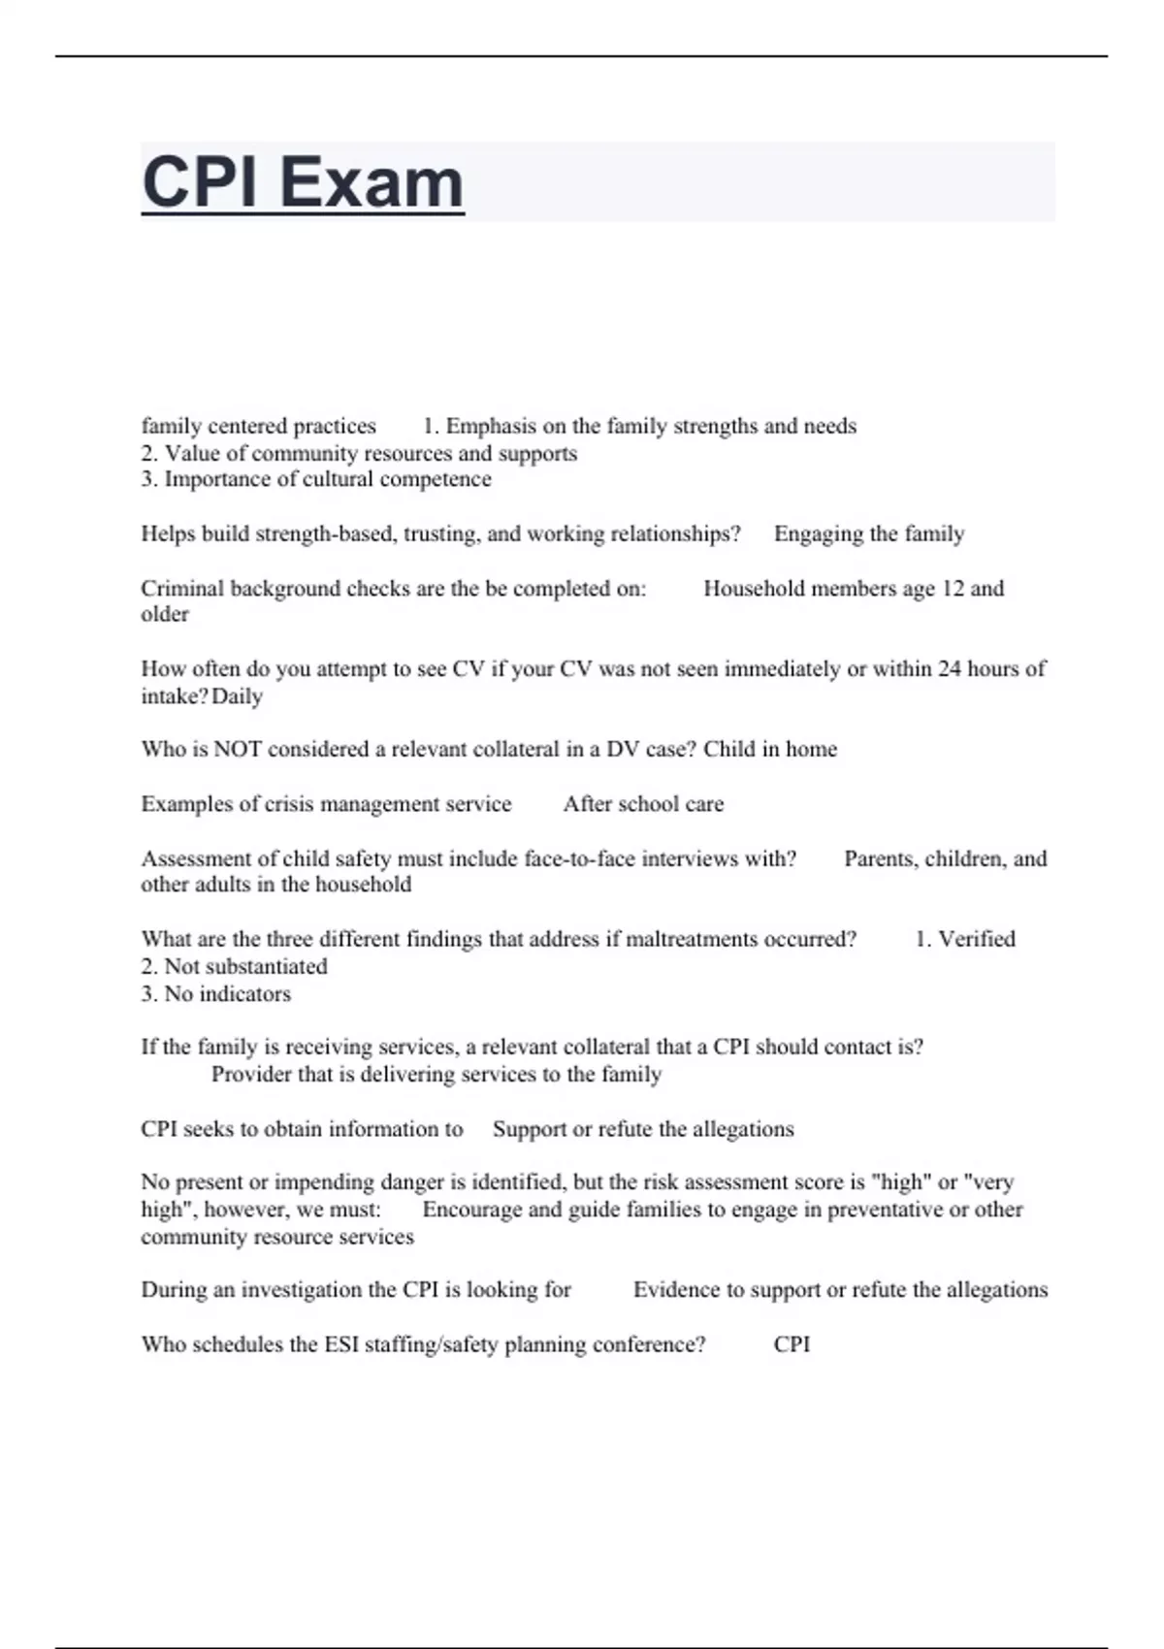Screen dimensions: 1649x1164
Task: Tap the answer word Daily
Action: point(237,696)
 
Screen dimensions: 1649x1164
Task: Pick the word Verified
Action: point(977,939)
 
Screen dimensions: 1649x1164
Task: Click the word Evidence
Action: point(676,1290)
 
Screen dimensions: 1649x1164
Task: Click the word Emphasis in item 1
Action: point(491,427)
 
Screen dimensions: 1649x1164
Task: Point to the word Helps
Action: point(168,534)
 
